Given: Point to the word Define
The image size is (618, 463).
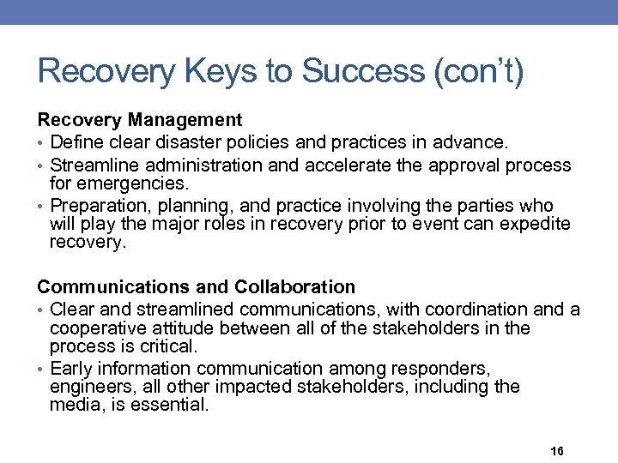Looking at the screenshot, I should (77, 141).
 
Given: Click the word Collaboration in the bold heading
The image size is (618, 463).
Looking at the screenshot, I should (294, 286).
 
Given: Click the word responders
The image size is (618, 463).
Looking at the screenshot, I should (440, 369).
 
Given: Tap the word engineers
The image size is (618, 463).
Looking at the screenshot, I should (87, 387).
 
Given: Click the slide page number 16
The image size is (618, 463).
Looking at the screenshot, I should (555, 451).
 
